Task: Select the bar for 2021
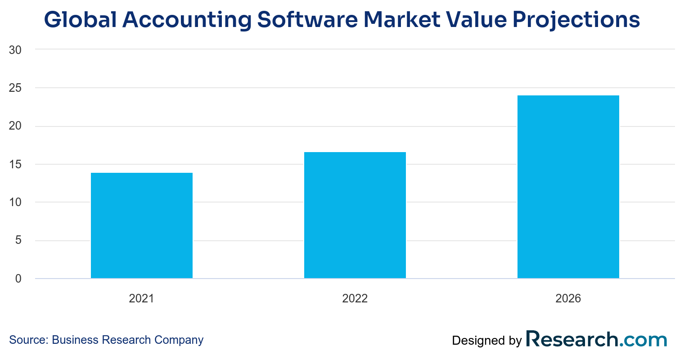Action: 142,225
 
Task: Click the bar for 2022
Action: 355,215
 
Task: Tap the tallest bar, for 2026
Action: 568,187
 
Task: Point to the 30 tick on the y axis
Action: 15,50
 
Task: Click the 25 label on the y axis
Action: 15,88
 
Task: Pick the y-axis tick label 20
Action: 15,126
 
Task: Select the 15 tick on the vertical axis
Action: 15,164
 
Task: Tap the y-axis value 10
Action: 15,202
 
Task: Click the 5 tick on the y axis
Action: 18,240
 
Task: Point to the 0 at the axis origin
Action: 18,279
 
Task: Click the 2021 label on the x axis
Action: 141,298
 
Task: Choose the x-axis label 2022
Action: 355,298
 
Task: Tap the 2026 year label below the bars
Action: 568,298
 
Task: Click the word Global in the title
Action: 81,19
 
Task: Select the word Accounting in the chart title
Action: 187,20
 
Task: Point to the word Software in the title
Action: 307,19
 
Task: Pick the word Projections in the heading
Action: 576,20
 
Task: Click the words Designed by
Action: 487,341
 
